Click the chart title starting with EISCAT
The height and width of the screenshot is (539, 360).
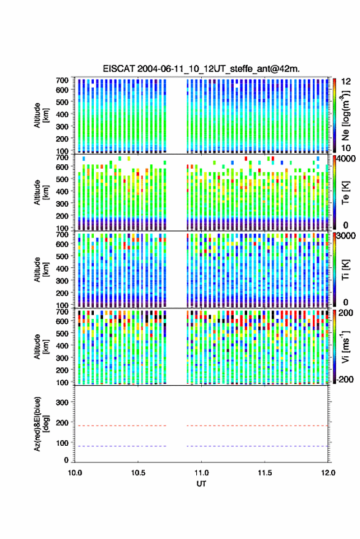point(201,69)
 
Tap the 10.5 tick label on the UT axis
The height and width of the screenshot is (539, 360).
point(138,473)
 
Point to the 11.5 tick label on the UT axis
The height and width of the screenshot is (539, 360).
point(265,473)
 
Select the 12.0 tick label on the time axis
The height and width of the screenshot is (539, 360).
point(328,473)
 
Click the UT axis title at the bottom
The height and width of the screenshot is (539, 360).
point(202,484)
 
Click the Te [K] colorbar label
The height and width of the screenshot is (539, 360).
point(346,193)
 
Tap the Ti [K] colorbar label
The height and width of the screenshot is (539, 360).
point(346,270)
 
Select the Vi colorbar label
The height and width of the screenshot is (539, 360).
point(346,346)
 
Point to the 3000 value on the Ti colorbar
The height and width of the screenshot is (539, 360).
point(347,235)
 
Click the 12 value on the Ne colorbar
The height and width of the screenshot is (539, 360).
point(347,82)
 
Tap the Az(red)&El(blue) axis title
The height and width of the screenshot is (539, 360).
point(42,424)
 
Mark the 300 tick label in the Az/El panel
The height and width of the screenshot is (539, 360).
point(62,402)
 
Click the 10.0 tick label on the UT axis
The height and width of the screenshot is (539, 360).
point(75,473)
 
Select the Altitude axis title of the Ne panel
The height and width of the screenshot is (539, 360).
point(41,115)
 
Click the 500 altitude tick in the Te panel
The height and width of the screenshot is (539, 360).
point(62,179)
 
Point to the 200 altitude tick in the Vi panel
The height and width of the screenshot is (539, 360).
point(62,370)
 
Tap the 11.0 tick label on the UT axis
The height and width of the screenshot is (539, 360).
point(202,473)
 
